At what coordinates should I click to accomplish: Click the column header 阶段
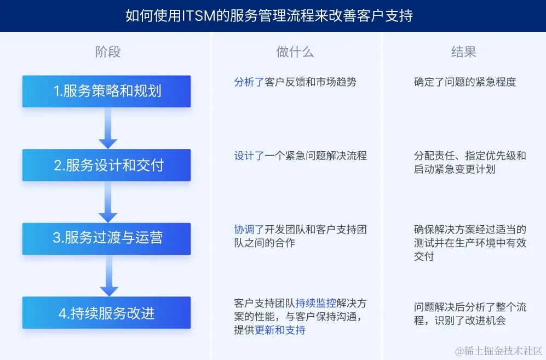[x=108, y=52]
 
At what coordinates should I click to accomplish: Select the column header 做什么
[x=295, y=52]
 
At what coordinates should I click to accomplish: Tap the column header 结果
[x=463, y=52]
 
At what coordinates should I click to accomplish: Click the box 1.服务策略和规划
[x=107, y=91]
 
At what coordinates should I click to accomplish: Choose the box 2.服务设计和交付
[x=107, y=165]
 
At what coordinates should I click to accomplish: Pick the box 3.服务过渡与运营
[x=107, y=238]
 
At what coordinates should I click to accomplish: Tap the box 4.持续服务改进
[x=107, y=313]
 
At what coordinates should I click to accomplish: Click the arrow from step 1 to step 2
[x=108, y=128]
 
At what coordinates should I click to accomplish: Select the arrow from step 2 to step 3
[x=108, y=201]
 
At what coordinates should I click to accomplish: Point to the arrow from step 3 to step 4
[x=108, y=276]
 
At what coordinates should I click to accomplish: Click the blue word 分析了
[x=249, y=82]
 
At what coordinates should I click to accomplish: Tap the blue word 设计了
[x=249, y=156]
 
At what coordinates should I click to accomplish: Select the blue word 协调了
[x=249, y=229]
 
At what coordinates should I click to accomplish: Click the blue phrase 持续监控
[x=316, y=302]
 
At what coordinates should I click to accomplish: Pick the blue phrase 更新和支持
[x=280, y=330]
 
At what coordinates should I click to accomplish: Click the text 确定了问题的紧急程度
[x=465, y=82]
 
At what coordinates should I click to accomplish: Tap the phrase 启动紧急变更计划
[x=455, y=169]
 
